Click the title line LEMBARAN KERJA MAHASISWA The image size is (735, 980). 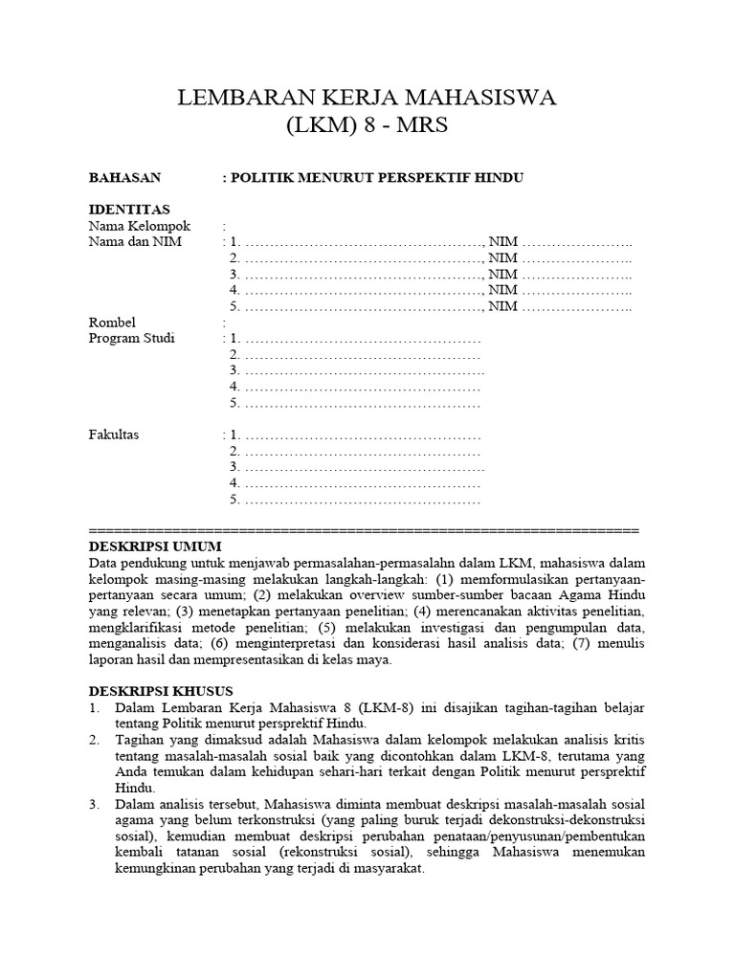click(367, 99)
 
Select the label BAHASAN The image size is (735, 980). click(124, 178)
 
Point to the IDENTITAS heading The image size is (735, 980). click(129, 210)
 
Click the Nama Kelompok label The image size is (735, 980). click(140, 226)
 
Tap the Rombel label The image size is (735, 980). click(113, 323)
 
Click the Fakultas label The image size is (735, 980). click(114, 435)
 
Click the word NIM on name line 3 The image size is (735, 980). click(503, 275)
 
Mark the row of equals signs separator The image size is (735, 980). click(364, 529)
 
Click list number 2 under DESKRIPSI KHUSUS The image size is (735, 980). click(94, 740)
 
